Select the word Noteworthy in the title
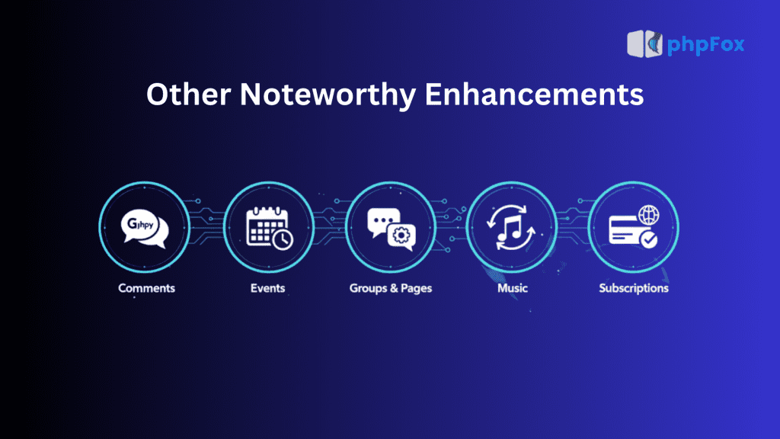click(324, 95)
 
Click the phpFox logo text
click(705, 45)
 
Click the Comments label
click(146, 288)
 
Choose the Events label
click(268, 288)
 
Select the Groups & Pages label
click(390, 288)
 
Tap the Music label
click(512, 288)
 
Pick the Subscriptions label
click(634, 288)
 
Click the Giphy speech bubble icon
click(144, 228)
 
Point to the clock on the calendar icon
click(283, 239)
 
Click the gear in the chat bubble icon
click(399, 236)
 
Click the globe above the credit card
click(650, 215)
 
